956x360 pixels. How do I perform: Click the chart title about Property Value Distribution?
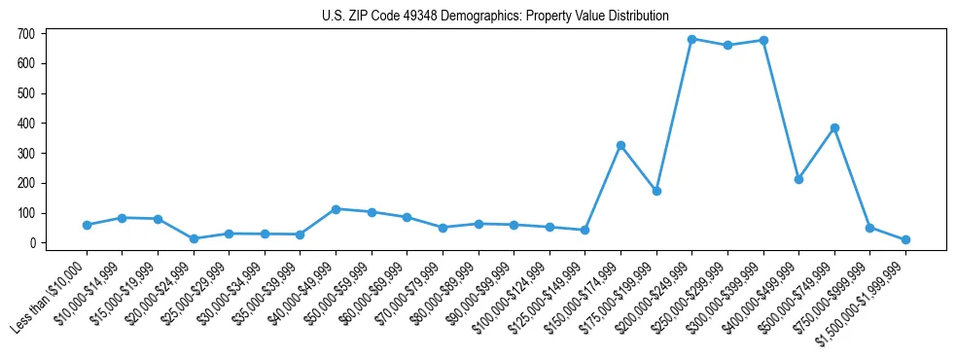click(495, 16)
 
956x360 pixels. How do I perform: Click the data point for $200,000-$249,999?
click(691, 39)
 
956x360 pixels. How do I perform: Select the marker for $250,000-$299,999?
click(727, 45)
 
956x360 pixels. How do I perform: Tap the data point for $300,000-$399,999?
click(763, 40)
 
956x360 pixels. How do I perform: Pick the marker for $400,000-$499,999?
click(798, 179)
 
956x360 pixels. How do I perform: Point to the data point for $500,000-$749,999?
click(834, 127)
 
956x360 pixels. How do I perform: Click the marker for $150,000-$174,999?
click(620, 145)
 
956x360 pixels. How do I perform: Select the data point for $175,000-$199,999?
click(656, 191)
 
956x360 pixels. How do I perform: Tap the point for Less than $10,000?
click(87, 225)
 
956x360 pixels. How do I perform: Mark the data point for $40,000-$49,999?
click(336, 209)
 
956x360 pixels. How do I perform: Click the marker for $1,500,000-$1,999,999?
click(905, 239)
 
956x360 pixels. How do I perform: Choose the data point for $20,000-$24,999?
click(194, 238)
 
